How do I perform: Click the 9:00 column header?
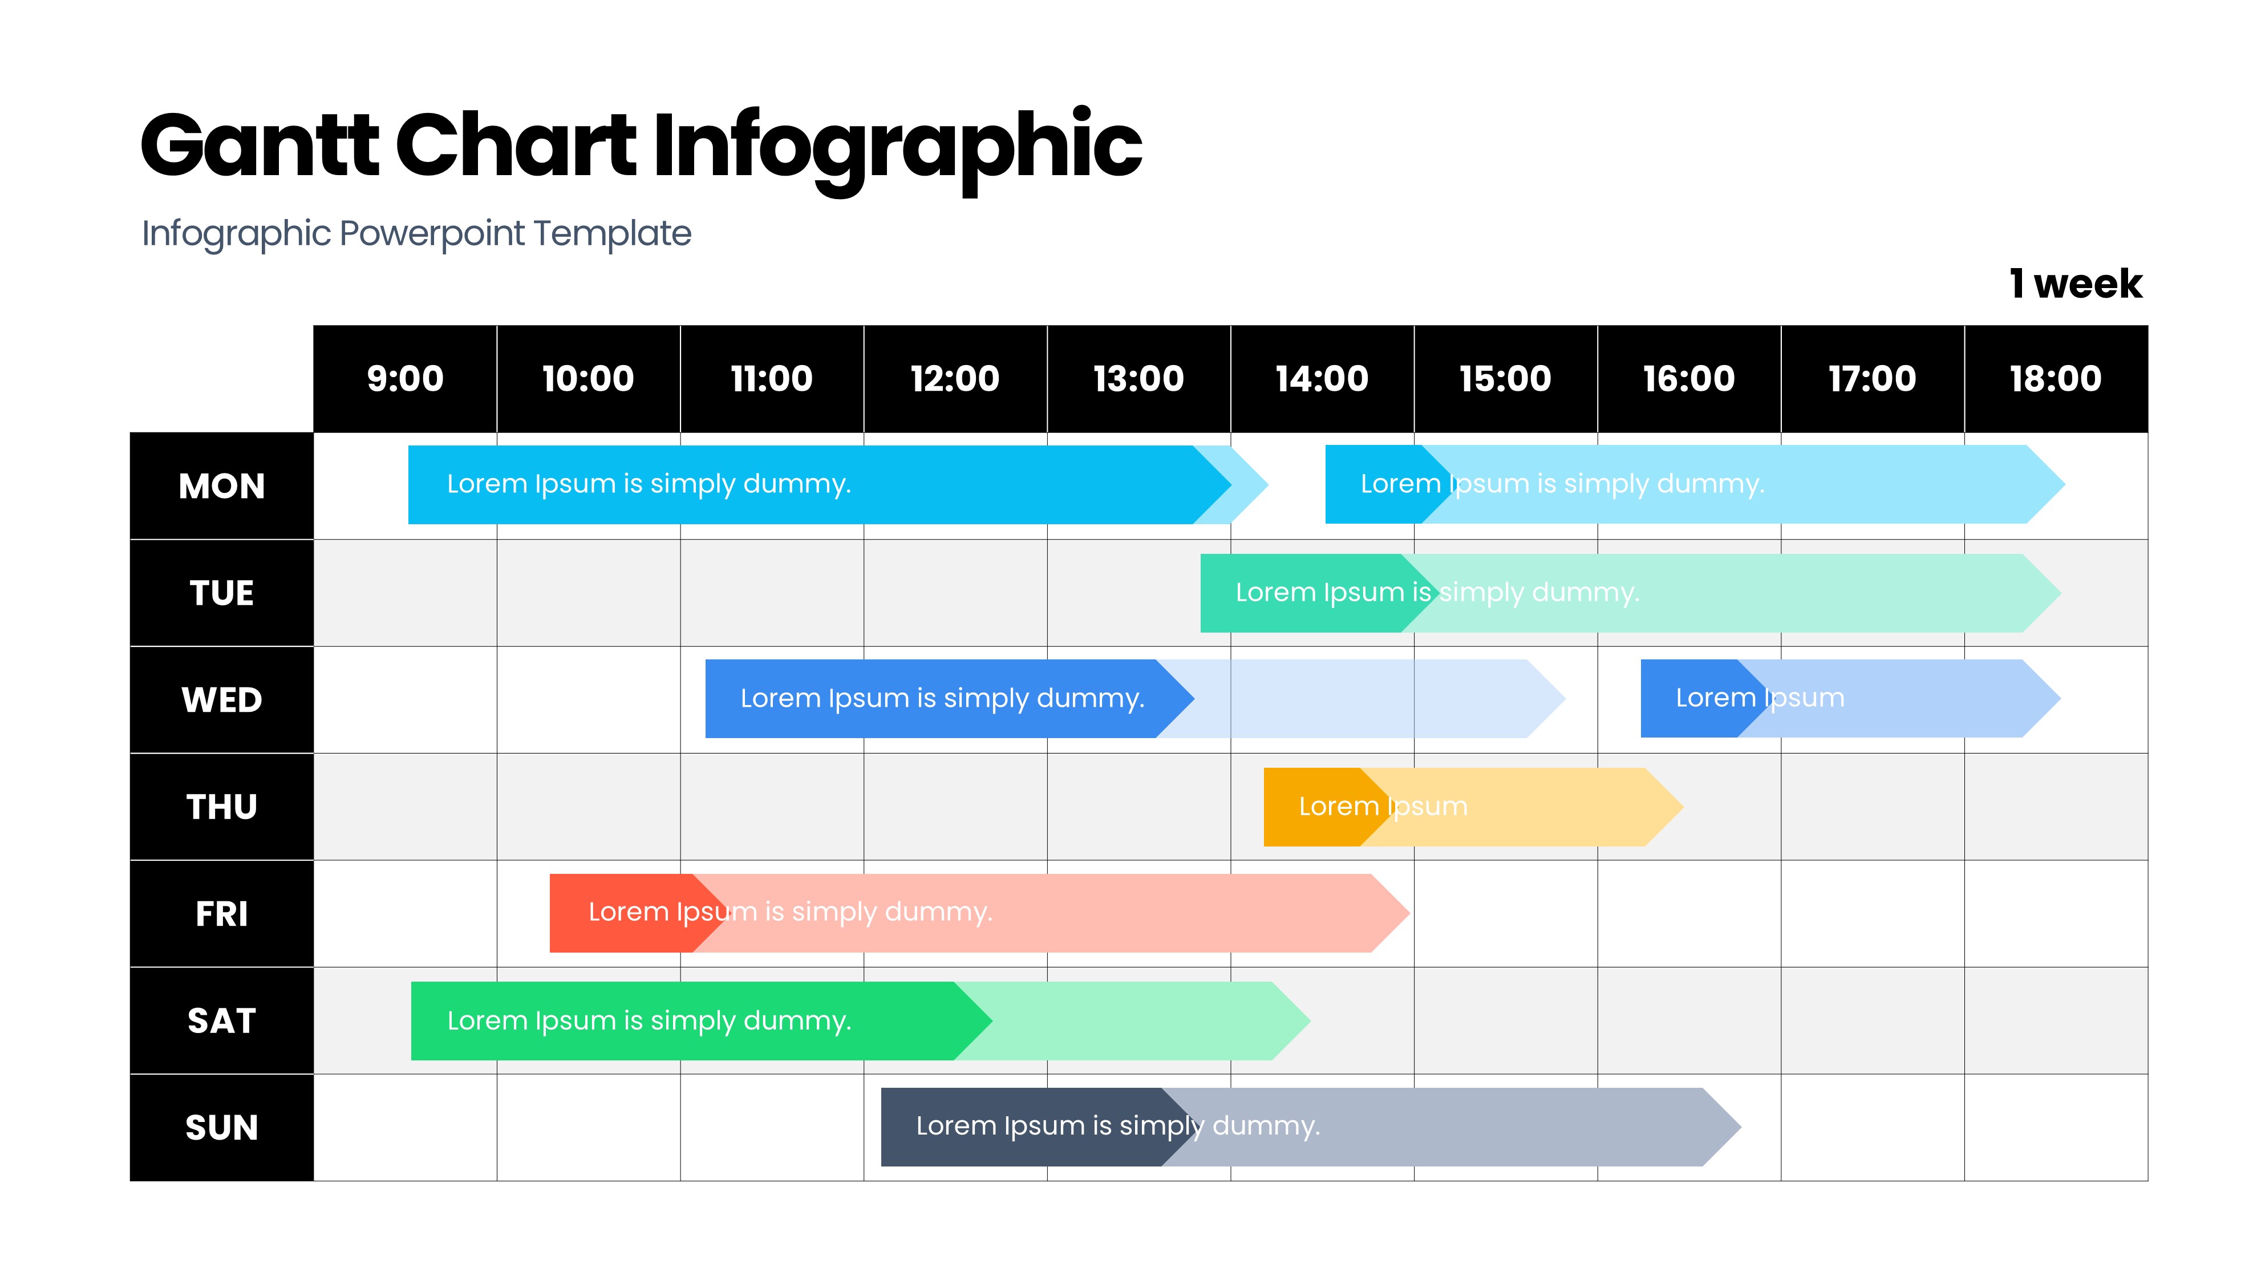coord(405,379)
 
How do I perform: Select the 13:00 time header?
coord(1139,379)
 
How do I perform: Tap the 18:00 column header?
coord(2056,379)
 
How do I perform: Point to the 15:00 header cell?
coord(1506,379)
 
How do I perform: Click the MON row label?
coord(221,486)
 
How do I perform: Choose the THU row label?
coord(221,807)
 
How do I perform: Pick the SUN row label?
coord(221,1128)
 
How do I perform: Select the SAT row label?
coord(221,1020)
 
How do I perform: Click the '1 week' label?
coord(2076,284)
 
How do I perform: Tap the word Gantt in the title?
coord(260,145)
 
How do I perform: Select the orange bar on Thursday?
coord(1473,807)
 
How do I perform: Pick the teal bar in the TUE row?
coord(1630,593)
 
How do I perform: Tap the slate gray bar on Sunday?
coord(1310,1127)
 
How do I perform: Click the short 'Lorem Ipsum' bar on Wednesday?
coord(1850,699)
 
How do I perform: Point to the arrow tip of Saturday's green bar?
coord(1310,1020)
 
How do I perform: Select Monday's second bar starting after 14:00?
coord(1695,484)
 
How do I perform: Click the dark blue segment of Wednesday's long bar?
coord(949,699)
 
